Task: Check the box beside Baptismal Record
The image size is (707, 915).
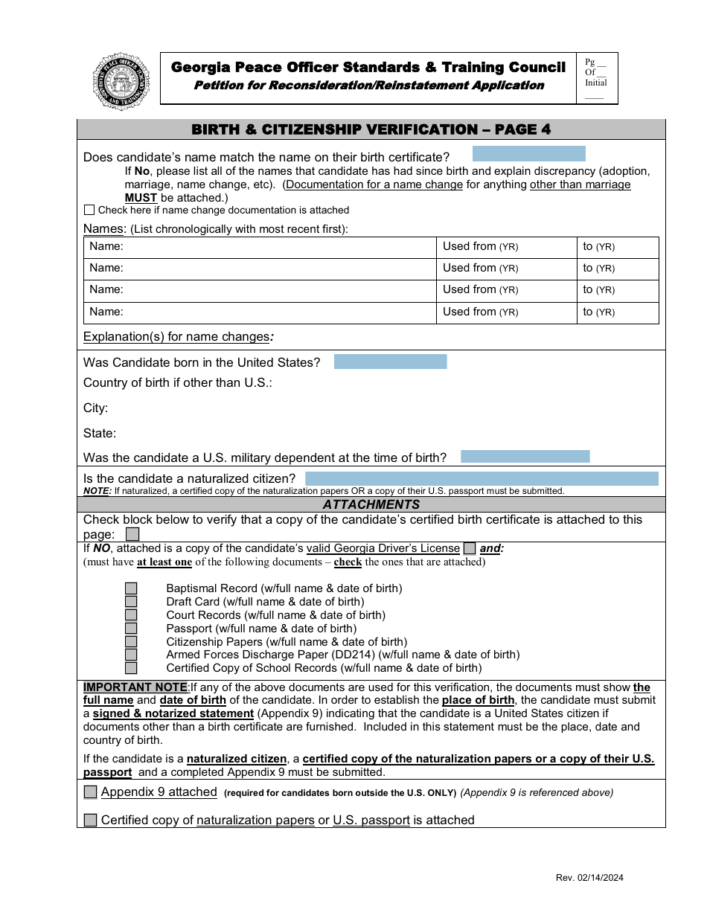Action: pos(131,588)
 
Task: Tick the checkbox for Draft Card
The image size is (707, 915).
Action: pos(131,602)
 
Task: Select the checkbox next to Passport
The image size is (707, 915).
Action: pos(131,629)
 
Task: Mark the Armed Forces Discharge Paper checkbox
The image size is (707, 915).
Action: pos(131,655)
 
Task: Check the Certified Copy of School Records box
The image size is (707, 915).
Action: pos(131,668)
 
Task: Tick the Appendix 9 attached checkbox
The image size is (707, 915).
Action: pos(90,792)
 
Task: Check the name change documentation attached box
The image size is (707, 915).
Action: pos(89,211)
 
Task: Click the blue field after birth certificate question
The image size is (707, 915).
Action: pos(528,154)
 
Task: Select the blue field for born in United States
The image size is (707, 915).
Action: pos(390,362)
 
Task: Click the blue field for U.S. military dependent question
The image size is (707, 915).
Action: pos(525,457)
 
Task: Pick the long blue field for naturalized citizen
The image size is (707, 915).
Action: pos(482,478)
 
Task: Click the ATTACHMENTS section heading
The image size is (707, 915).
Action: pos(371,504)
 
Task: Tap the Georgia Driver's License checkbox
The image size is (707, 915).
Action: pos(470,548)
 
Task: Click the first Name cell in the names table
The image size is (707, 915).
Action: pos(260,247)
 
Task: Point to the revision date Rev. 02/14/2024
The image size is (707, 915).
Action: pos(589,878)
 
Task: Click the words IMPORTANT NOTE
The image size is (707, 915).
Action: pos(135,687)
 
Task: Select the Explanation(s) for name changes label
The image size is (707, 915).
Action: pos(177,337)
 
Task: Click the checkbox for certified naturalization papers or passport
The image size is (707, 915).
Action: pos(90,821)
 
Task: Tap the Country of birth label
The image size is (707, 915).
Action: pos(177,383)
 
